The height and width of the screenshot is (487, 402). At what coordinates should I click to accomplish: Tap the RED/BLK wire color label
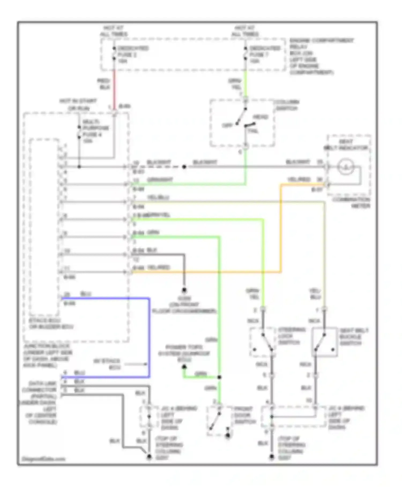(x=104, y=84)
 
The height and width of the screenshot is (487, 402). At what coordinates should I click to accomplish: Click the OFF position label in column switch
(x=227, y=125)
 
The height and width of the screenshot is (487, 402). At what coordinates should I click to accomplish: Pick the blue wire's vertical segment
(x=149, y=337)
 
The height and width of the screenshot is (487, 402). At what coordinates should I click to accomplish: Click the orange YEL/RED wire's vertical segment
(x=281, y=228)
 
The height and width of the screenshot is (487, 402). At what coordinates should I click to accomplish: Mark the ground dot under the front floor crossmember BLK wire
(x=184, y=290)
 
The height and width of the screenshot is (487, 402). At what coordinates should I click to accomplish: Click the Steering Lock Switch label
(x=292, y=336)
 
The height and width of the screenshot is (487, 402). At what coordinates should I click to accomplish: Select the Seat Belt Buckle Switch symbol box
(x=324, y=342)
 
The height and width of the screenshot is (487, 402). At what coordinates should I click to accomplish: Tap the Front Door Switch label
(x=244, y=415)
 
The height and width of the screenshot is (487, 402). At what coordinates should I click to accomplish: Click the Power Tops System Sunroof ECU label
(x=184, y=353)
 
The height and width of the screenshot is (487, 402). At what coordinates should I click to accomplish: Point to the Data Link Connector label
(x=42, y=403)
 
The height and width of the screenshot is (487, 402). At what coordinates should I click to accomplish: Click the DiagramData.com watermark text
(x=43, y=459)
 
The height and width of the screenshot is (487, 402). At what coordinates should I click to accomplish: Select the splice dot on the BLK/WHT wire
(x=184, y=167)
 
